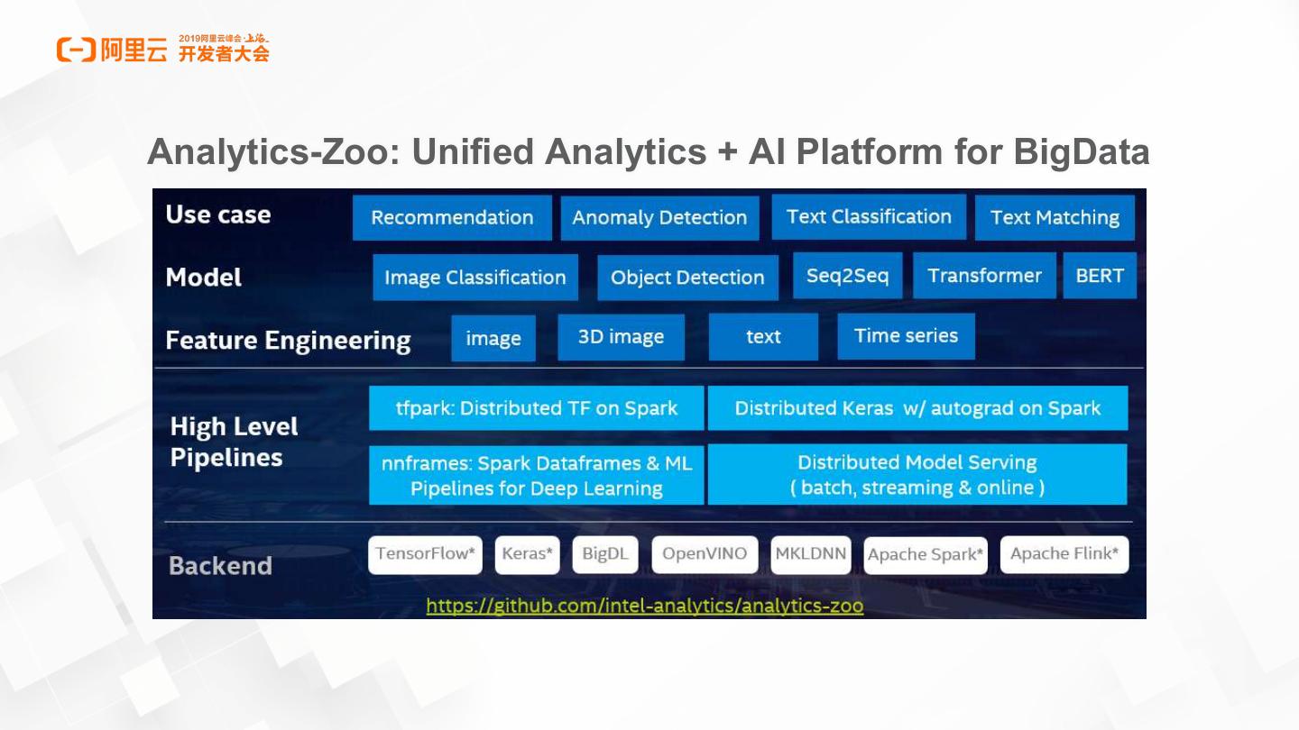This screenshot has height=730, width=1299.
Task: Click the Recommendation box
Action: (452, 218)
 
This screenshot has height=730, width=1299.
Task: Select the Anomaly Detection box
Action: (659, 218)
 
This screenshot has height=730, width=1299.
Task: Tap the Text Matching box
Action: (1055, 218)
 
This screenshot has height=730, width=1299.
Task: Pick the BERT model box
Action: (1100, 276)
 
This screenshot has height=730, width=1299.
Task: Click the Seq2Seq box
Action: (847, 276)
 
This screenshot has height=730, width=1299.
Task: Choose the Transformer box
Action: (984, 276)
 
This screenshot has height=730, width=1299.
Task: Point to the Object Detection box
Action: (687, 278)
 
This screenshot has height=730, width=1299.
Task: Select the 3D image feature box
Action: (621, 337)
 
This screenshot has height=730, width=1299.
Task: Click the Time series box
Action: (906, 336)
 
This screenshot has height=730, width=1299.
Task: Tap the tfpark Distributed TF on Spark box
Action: (536, 408)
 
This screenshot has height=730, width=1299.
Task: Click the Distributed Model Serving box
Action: (917, 474)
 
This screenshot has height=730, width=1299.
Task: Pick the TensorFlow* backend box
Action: (425, 554)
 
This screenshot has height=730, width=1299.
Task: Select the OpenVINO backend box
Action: (704, 554)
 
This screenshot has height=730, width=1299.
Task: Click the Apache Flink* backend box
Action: (1064, 554)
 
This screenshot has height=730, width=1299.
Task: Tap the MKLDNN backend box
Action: (811, 554)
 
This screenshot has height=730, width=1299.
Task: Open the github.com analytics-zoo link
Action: (644, 606)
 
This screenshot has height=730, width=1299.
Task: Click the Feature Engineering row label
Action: (288, 341)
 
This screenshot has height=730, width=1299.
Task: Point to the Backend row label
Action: (220, 566)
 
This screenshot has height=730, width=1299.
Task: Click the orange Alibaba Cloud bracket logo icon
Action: (76, 50)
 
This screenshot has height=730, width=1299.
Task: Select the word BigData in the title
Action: (1081, 151)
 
